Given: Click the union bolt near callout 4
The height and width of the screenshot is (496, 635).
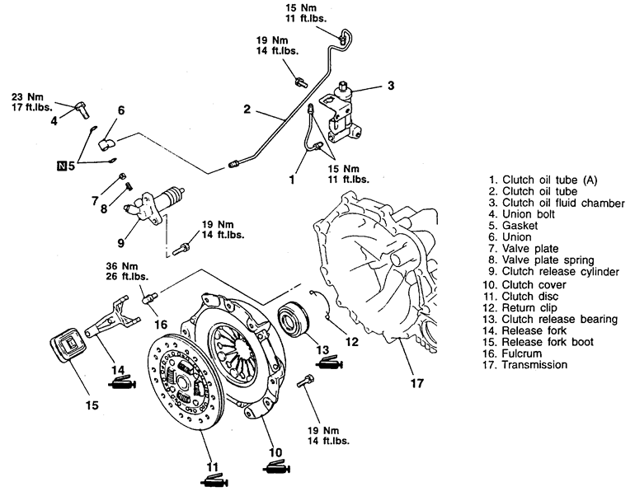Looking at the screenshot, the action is pos(82,110).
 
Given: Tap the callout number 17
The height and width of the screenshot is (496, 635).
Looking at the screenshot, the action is pos(416,383).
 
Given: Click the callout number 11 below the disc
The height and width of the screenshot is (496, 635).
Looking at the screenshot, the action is pos(212,467).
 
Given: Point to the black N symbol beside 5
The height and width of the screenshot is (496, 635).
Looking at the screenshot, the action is pos(62,165).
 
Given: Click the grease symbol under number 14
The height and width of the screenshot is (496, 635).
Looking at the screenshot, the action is pos(121,382).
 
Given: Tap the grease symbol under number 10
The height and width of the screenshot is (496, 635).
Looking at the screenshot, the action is pos(276,467).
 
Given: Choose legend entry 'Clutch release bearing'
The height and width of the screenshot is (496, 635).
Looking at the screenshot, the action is pos(550,319).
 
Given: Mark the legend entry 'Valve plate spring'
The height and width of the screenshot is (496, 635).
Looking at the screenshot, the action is pos(542,260).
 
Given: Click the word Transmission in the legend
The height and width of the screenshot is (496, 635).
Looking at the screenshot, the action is pos(534,365).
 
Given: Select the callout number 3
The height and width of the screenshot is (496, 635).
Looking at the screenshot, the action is pos(390,86).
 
